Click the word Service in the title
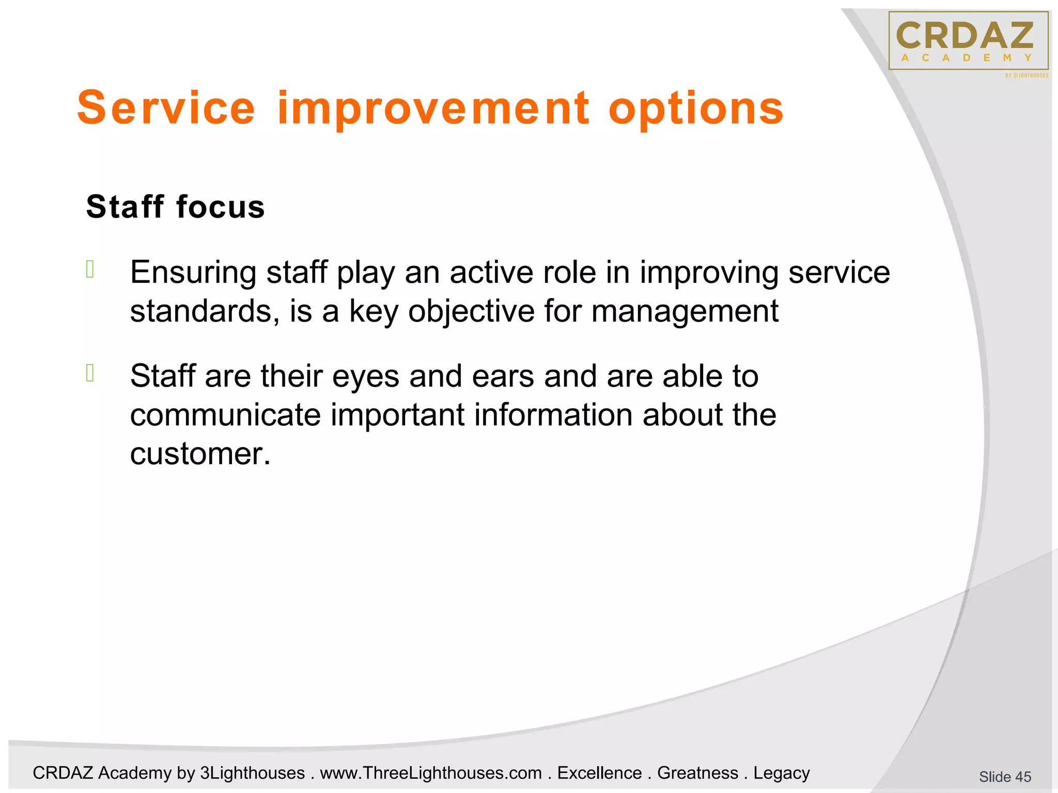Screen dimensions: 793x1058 point(166,108)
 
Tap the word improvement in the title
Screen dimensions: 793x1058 point(433,108)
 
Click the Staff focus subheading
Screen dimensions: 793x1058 point(175,207)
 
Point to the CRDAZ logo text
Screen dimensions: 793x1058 point(964,36)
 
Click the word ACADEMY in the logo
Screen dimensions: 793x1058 point(967,58)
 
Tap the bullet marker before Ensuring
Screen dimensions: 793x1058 point(90,269)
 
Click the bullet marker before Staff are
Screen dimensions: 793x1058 point(90,373)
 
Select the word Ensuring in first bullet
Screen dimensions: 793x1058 point(193,273)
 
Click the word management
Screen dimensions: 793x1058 point(684,311)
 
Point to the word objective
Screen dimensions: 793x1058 point(471,311)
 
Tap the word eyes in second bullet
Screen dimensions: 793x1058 point(365,376)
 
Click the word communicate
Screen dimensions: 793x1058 point(225,415)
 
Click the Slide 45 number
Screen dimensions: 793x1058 point(1005,776)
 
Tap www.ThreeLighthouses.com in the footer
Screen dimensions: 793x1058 point(431,773)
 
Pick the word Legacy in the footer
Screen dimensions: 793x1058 point(781,773)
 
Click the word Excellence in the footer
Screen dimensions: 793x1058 point(599,773)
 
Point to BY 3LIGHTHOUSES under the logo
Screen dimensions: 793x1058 point(1026,75)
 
